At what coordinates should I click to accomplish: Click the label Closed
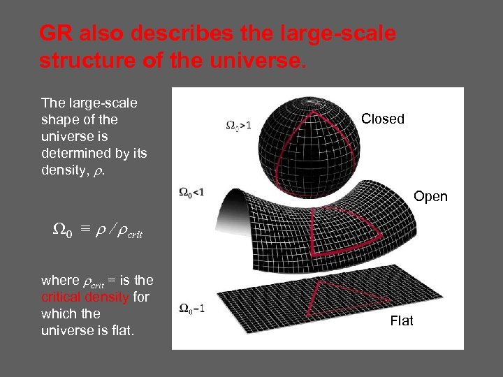coord(383,119)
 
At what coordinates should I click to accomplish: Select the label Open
coord(430,197)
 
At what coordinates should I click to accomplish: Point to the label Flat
coord(402,320)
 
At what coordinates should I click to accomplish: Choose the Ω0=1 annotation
coord(192,309)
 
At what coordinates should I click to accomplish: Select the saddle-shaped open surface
coord(279,223)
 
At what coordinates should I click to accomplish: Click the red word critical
coord(62,297)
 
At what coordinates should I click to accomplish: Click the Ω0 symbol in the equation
coord(62,232)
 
